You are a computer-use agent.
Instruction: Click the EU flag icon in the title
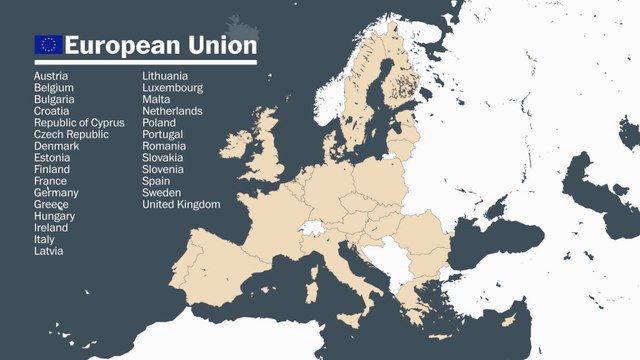click(x=48, y=44)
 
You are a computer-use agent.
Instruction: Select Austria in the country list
click(x=51, y=76)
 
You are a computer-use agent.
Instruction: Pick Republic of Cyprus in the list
click(x=79, y=123)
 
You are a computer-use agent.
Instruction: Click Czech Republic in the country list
click(x=71, y=134)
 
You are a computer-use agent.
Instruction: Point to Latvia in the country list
click(x=48, y=251)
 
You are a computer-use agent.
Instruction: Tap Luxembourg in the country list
click(x=172, y=88)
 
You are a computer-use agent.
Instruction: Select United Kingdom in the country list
click(x=181, y=204)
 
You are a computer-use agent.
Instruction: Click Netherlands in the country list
click(x=172, y=111)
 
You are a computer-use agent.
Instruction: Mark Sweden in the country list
click(x=162, y=193)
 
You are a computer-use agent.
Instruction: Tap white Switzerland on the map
click(x=312, y=228)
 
